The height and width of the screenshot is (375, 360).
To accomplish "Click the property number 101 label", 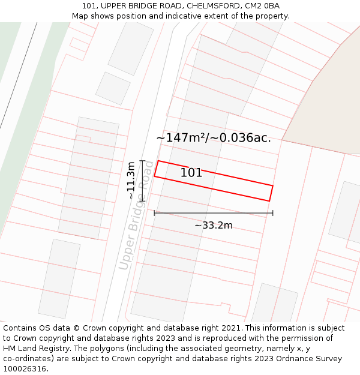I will [x=191, y=173].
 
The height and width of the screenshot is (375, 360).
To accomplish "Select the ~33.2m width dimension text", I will [x=214, y=226].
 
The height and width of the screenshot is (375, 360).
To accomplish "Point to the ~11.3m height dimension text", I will [x=131, y=180].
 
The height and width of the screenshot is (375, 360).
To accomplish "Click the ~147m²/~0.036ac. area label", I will [x=214, y=138].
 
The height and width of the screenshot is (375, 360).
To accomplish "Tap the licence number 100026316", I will [x=25, y=369].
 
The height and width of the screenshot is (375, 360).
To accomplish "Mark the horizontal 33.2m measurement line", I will [x=214, y=212].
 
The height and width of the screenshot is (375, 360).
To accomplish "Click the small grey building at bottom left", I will [x=59, y=278].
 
